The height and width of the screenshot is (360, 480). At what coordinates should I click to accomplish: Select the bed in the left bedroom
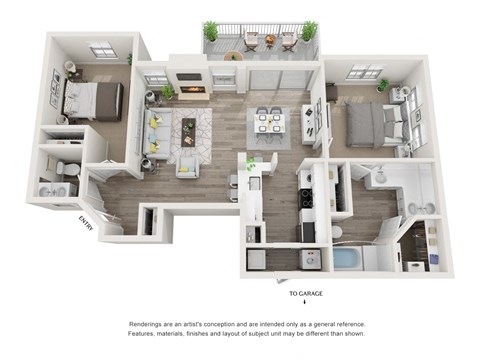coord(91,100)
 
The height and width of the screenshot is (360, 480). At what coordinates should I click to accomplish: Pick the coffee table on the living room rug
coord(189,127)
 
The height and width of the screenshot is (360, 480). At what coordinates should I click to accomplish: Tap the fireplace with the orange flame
coord(193,89)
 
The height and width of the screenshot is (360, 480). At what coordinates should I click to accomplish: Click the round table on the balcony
coord(269,39)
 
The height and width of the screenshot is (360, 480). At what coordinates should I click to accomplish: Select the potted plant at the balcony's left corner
coord(211,32)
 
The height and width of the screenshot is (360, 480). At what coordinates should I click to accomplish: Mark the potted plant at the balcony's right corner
coord(309,31)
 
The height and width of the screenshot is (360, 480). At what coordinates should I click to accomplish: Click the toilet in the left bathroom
coord(62,167)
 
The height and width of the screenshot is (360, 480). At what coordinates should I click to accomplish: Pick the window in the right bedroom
coord(365,72)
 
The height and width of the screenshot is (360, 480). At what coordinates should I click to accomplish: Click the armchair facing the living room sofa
coord(188,163)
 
